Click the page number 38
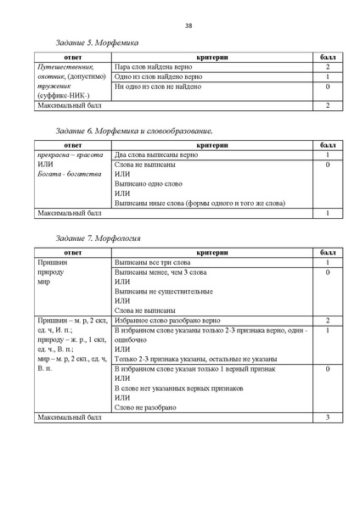[x=187, y=24]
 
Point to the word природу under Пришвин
[x=50, y=273]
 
